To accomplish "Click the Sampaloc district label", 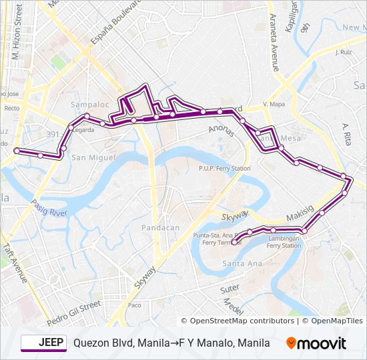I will tap(85, 105).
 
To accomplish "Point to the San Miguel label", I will tap(89, 157).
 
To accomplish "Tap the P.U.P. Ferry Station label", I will tap(224, 169).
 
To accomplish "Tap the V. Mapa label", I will tap(274, 105).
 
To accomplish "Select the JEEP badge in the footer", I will tap(44, 343).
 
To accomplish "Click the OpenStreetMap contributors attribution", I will tap(238, 321).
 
